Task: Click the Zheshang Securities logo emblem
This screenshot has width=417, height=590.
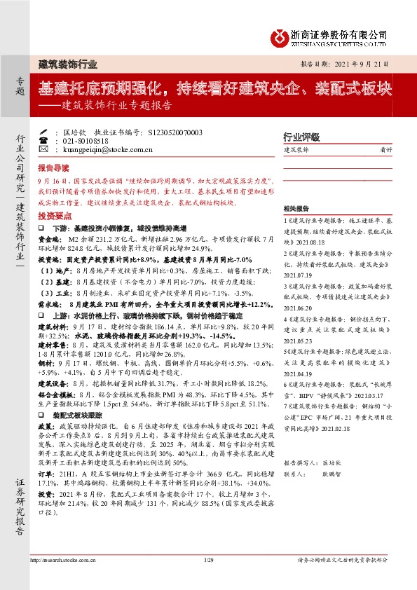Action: pos(281,36)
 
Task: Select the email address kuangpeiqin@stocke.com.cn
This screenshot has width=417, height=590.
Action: pos(103,149)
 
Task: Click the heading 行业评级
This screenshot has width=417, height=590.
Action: pos(301,136)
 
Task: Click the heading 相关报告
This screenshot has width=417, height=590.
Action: pos(296,209)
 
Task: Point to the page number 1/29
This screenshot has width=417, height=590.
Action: pos(208,560)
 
